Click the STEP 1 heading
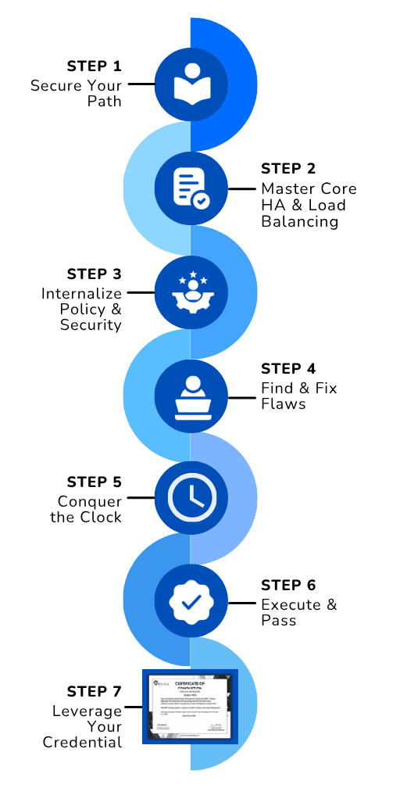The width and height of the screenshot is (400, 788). pyautogui.click(x=94, y=65)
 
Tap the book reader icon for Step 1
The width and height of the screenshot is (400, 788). pyautogui.click(x=191, y=83)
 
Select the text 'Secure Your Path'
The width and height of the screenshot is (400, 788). pyautogui.click(x=77, y=93)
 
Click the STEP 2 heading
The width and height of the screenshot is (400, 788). pyautogui.click(x=287, y=168)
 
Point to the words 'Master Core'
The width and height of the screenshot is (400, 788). pyautogui.click(x=309, y=188)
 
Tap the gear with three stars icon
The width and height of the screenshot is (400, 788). pyautogui.click(x=191, y=291)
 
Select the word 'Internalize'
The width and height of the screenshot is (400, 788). pyautogui.click(x=82, y=293)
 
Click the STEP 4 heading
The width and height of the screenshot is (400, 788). pyautogui.click(x=287, y=368)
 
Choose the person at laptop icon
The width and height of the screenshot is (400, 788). pyautogui.click(x=191, y=396)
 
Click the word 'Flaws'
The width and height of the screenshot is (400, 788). pyautogui.click(x=283, y=404)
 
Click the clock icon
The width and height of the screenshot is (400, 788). pyautogui.click(x=191, y=497)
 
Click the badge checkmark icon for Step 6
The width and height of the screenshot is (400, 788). pyautogui.click(x=191, y=601)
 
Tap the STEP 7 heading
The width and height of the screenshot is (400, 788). pyautogui.click(x=94, y=691)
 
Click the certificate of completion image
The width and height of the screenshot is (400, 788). pyautogui.click(x=190, y=706)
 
